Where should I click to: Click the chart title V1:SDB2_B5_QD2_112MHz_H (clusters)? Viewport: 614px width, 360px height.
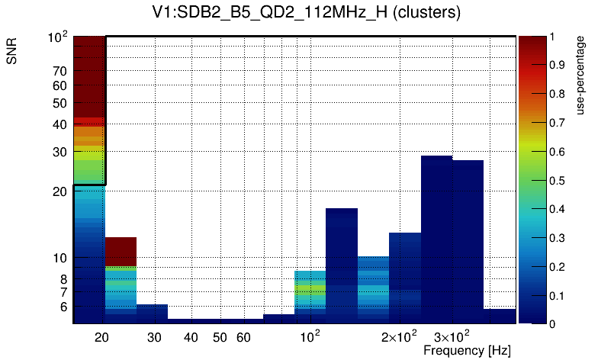306,13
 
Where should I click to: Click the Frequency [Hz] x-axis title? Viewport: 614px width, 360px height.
467,350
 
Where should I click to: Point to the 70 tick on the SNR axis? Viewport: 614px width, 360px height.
59,71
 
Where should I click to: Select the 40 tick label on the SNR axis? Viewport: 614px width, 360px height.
59,124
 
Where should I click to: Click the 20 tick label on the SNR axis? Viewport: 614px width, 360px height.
59,191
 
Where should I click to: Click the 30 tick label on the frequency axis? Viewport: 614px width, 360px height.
154,337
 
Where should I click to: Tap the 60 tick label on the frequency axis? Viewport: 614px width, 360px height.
243,337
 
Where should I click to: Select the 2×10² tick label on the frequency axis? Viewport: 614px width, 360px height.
399,336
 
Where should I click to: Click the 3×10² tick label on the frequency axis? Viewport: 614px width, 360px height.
452,336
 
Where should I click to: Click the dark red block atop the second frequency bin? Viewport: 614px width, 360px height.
121,251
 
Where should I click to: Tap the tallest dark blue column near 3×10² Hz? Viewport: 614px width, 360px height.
436,236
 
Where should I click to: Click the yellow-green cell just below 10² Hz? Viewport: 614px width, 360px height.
310,290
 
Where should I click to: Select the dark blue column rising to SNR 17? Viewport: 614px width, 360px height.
342,263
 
